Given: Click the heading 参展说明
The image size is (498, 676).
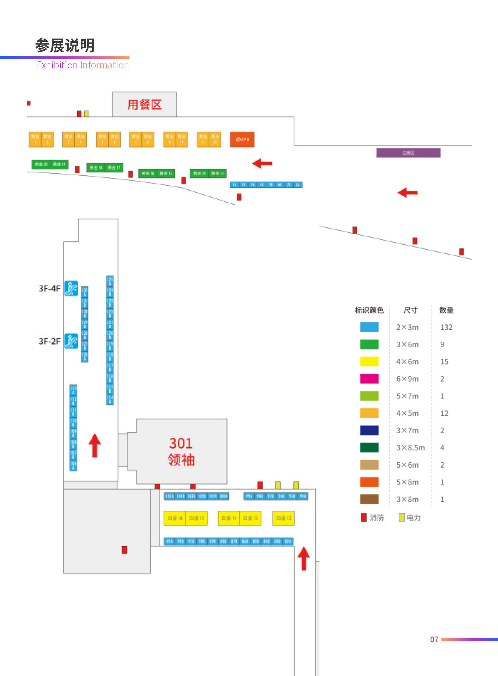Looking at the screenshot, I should pos(65,45).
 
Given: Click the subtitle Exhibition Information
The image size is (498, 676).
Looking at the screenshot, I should pos(82,65).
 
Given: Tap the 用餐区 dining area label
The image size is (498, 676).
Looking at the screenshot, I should pos(145,104).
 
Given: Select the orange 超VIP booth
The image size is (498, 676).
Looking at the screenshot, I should pos(242,139).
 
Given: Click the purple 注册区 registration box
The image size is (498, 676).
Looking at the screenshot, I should pos(408,153).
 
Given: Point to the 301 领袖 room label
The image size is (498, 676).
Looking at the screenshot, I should pos(181,451).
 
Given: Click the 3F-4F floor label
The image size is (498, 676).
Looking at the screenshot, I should pos(49,288).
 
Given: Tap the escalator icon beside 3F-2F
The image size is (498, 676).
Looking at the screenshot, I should pos(71,341).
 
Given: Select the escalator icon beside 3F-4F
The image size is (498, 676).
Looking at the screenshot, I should pos(71,288).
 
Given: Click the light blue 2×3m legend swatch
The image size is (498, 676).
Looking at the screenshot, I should pos(369,327).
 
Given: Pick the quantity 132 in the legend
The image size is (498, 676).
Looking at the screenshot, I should pos(446,327).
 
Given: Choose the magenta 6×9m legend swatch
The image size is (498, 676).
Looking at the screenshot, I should pos(369,379).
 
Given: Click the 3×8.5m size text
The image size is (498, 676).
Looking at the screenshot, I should pos(410,448).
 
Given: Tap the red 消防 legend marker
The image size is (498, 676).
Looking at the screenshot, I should pos(363,517).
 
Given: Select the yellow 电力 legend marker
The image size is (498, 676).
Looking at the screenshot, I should pos(401,517).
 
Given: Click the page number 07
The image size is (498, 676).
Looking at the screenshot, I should pos(434,639).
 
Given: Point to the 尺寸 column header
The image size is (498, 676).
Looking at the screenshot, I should pos(410,310).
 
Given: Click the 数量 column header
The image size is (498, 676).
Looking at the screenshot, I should pos(446,310).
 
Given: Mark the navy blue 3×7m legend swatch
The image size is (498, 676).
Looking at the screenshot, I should pos(369,430).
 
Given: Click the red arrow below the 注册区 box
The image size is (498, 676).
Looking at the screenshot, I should pos(408,192).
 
